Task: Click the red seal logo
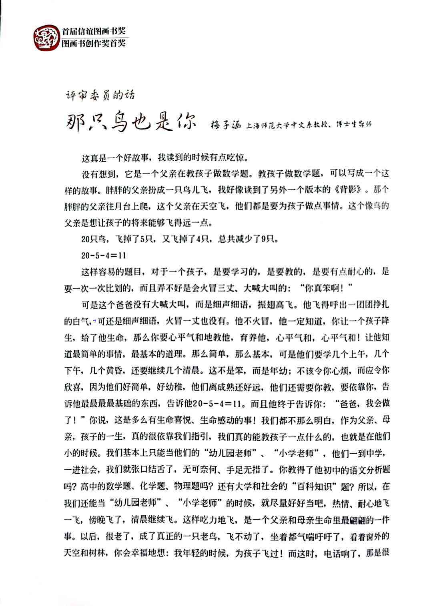[46, 38]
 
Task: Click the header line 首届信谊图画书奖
[94, 32]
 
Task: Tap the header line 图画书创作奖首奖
[94, 43]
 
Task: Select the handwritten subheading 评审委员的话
[100, 95]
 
